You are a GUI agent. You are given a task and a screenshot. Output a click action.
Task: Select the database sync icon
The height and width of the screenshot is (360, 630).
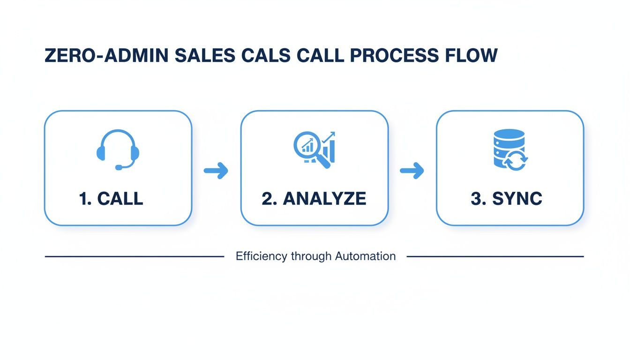[510, 149]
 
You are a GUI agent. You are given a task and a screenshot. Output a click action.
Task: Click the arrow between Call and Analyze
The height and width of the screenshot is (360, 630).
[216, 171]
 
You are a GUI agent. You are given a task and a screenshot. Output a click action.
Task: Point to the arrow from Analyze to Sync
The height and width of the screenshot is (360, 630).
[412, 171]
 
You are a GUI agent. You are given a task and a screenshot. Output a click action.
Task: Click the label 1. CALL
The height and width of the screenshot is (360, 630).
[112, 199]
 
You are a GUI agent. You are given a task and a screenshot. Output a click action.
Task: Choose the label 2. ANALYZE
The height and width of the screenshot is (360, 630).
[314, 199]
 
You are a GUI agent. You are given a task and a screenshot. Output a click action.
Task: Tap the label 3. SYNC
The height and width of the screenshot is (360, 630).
[506, 199]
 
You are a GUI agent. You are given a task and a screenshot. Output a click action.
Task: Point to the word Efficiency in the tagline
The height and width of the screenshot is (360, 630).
[262, 256]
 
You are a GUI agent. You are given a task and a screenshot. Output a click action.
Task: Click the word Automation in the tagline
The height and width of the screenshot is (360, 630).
[366, 256]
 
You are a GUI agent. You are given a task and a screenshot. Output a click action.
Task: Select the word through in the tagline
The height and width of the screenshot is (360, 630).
[311, 256]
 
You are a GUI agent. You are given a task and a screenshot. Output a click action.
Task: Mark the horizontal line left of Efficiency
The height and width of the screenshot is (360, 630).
[134, 256]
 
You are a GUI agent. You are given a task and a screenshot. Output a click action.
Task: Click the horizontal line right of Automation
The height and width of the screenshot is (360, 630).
[495, 256]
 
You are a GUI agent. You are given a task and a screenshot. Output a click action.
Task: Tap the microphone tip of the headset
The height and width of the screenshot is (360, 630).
[119, 167]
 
